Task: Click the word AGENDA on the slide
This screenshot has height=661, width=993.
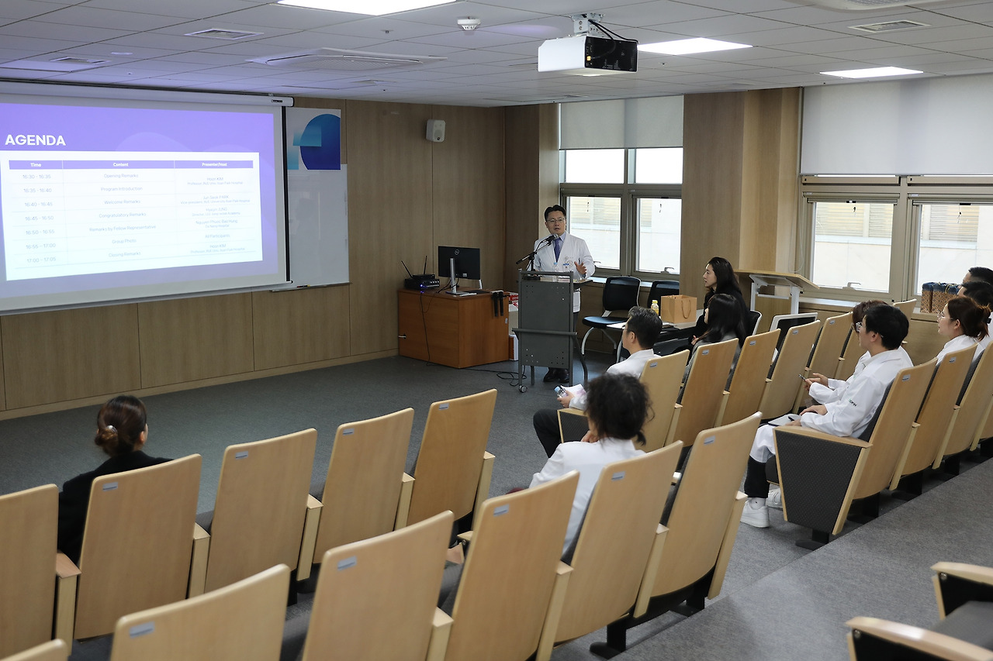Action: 35,140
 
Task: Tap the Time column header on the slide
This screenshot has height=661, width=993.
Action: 36,164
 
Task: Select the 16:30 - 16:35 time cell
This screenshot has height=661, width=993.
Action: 36,177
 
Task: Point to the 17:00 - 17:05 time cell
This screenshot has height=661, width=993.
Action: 40,259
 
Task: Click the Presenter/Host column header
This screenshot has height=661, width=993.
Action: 213,164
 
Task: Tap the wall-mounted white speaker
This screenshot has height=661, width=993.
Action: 435,130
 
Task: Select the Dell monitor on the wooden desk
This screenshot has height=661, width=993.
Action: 458,264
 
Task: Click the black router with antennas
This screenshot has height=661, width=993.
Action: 422,282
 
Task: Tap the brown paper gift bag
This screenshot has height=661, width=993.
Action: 679,308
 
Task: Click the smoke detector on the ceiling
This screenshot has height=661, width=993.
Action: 469,23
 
